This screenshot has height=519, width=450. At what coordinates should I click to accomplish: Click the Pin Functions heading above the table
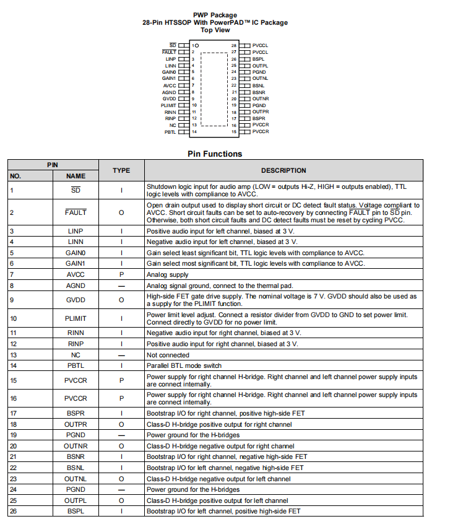215,154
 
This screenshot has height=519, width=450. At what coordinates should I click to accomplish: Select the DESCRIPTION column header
283,170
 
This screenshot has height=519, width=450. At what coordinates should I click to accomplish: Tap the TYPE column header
121,170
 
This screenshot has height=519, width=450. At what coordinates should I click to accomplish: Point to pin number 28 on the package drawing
234,46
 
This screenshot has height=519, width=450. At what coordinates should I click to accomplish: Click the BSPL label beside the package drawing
259,59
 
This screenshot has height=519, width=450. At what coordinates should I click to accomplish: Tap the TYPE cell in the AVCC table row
121,274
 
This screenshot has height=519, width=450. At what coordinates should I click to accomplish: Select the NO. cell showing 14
12,365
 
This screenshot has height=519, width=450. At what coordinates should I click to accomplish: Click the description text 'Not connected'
168,355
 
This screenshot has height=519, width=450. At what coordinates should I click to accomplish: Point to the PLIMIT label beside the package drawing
168,105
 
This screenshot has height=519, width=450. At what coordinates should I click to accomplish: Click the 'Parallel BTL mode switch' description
184,365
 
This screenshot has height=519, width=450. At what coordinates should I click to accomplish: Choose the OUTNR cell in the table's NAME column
76,446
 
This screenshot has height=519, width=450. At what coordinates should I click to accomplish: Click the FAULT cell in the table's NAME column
76,212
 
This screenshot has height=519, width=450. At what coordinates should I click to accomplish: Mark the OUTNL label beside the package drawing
261,79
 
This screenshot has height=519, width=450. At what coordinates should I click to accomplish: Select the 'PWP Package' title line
215,15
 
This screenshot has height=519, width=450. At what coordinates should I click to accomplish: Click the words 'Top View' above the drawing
215,30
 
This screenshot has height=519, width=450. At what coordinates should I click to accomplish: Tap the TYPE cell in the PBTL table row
121,365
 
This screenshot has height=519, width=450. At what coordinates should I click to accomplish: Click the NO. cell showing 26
12,511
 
